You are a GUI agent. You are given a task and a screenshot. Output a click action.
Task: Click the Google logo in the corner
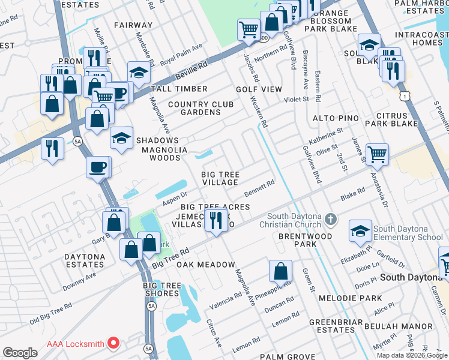20,352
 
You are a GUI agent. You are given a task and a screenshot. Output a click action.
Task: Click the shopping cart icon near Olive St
377,155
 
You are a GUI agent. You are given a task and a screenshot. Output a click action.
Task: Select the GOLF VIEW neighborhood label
259,89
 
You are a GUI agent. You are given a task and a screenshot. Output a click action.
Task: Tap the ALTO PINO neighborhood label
338,119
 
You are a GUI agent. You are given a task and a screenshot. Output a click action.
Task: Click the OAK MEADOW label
205,265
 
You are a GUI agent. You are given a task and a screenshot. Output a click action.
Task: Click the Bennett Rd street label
259,189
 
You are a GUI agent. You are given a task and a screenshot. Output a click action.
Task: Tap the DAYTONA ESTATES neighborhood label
85,260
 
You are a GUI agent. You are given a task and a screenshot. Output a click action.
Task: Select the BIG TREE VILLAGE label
220,178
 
